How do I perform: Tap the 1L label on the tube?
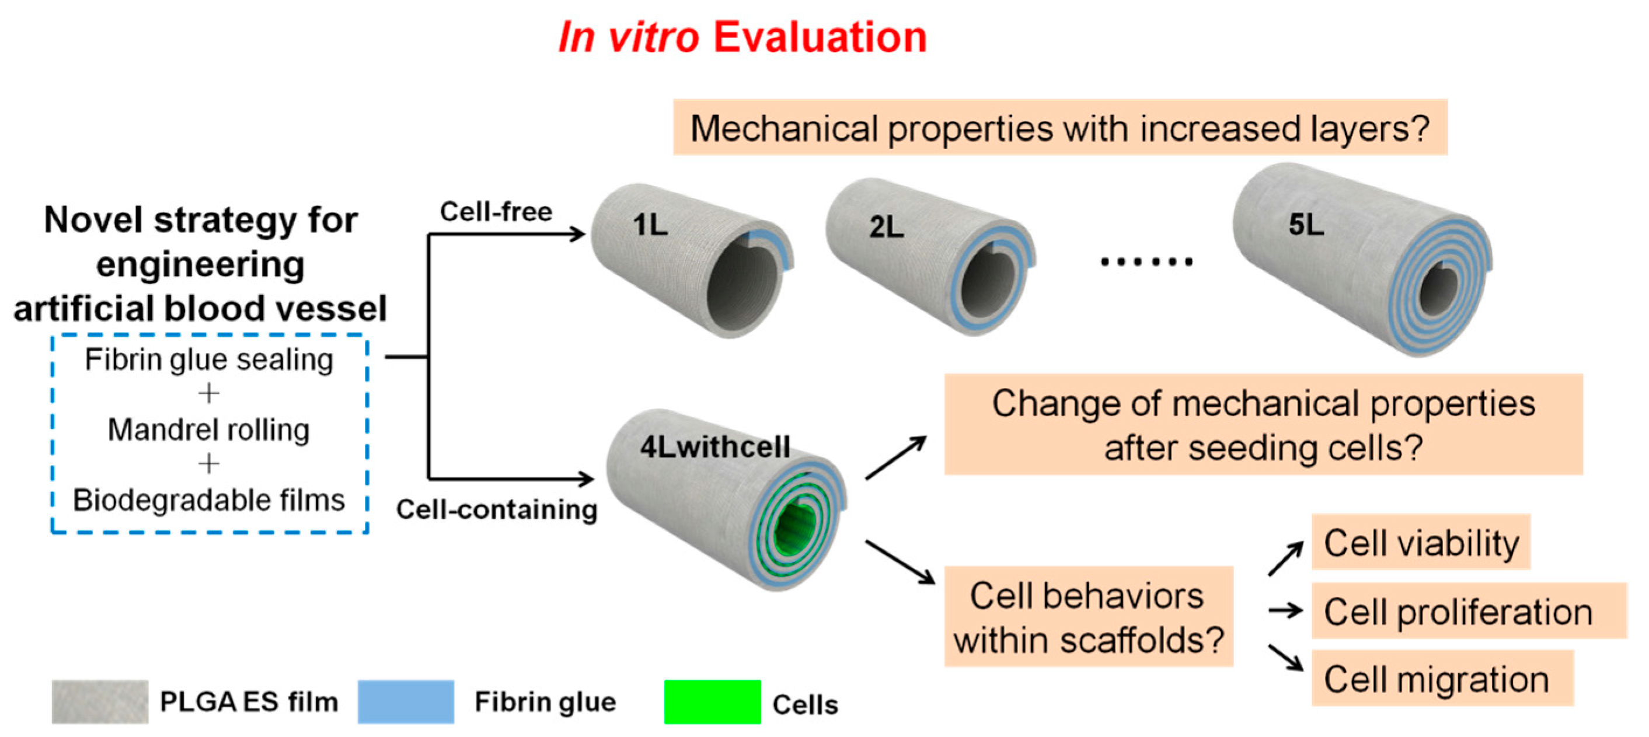pos(650,225)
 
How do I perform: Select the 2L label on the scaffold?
pos(886,227)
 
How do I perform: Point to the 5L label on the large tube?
pos(1306,225)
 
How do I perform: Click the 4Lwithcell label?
pos(715,446)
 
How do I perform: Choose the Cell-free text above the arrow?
pos(496,211)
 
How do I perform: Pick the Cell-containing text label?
pos(497,509)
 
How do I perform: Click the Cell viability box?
pos(1420,543)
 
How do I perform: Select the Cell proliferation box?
pos(1469,611)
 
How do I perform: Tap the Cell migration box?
pos(1442,679)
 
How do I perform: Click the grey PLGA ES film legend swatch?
pos(100,702)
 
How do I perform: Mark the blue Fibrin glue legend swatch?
pos(406,702)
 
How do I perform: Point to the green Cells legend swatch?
pos(713,702)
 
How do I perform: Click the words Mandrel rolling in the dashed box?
pos(209,429)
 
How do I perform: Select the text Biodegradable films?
pos(209,500)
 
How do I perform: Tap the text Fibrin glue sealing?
pos(209,359)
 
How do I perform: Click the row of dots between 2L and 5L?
pos(1146,261)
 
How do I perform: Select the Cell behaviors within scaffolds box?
pos(1088,617)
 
